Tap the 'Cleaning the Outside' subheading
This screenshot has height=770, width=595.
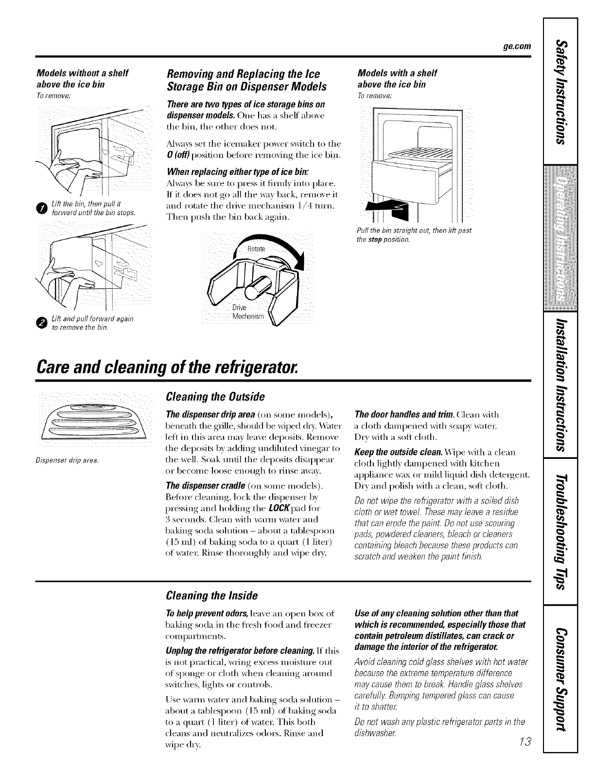coord(215,397)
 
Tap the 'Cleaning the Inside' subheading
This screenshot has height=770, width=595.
coord(211,595)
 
